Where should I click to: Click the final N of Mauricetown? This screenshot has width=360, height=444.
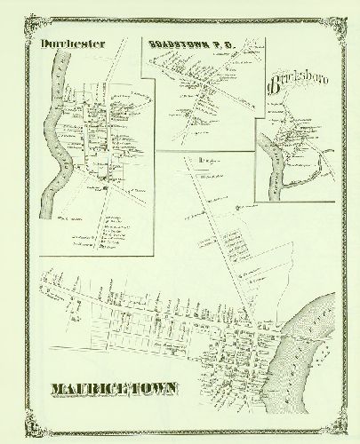click(x=170, y=389)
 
